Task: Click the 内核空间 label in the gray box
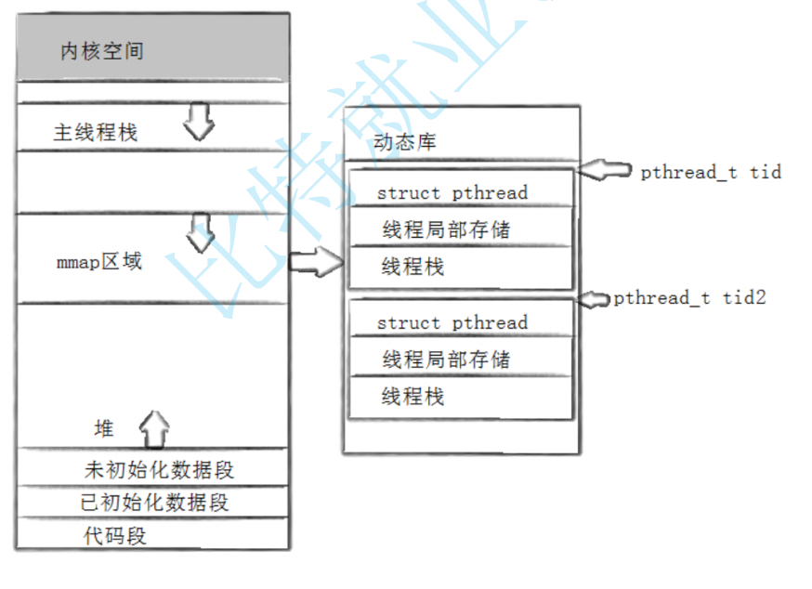tap(102, 51)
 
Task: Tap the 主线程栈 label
tap(95, 133)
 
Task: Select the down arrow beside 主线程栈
tap(199, 122)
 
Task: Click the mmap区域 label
tap(98, 262)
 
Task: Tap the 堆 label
tap(104, 428)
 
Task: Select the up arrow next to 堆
tap(154, 429)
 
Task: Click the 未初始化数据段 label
tap(159, 470)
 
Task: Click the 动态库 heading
tap(404, 142)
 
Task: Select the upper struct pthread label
tap(452, 193)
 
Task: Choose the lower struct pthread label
tap(452, 323)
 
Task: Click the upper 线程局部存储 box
tap(460, 229)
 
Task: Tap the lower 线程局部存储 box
tap(460, 359)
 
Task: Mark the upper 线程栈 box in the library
tap(460, 268)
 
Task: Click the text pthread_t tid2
tap(689, 298)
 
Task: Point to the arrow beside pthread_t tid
tap(605, 170)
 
